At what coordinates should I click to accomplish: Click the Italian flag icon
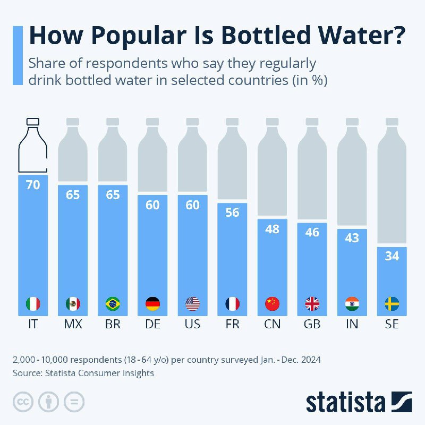pyautogui.click(x=33, y=304)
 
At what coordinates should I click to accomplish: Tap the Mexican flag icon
pyautogui.click(x=73, y=304)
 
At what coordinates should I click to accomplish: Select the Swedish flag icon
pyautogui.click(x=392, y=304)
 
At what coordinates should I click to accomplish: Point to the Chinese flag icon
pyautogui.click(x=272, y=304)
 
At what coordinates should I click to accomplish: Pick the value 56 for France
pyautogui.click(x=232, y=212)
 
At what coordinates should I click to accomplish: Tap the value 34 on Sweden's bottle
pyautogui.click(x=392, y=256)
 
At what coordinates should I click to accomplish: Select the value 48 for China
pyautogui.click(x=272, y=228)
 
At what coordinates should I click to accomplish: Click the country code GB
pyautogui.click(x=312, y=324)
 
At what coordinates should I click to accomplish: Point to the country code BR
pyautogui.click(x=113, y=324)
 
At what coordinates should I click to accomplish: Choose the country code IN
pyautogui.click(x=352, y=324)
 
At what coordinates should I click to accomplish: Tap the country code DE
pyautogui.click(x=152, y=324)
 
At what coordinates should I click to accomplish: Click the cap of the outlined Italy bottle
pyautogui.click(x=33, y=122)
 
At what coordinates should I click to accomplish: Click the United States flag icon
pyautogui.click(x=192, y=304)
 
